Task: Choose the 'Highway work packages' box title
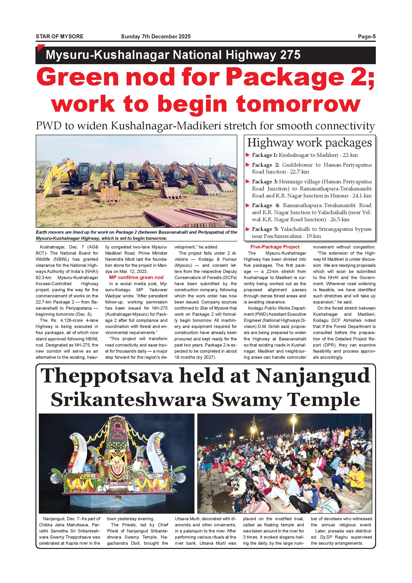pyautogui.click(x=309, y=143)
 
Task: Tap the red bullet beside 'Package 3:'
pyautogui.click(x=248, y=181)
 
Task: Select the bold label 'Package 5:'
pyautogui.click(x=265, y=229)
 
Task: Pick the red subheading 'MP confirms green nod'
pyautogui.click(x=136, y=278)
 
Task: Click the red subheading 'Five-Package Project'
pyautogui.click(x=275, y=247)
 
